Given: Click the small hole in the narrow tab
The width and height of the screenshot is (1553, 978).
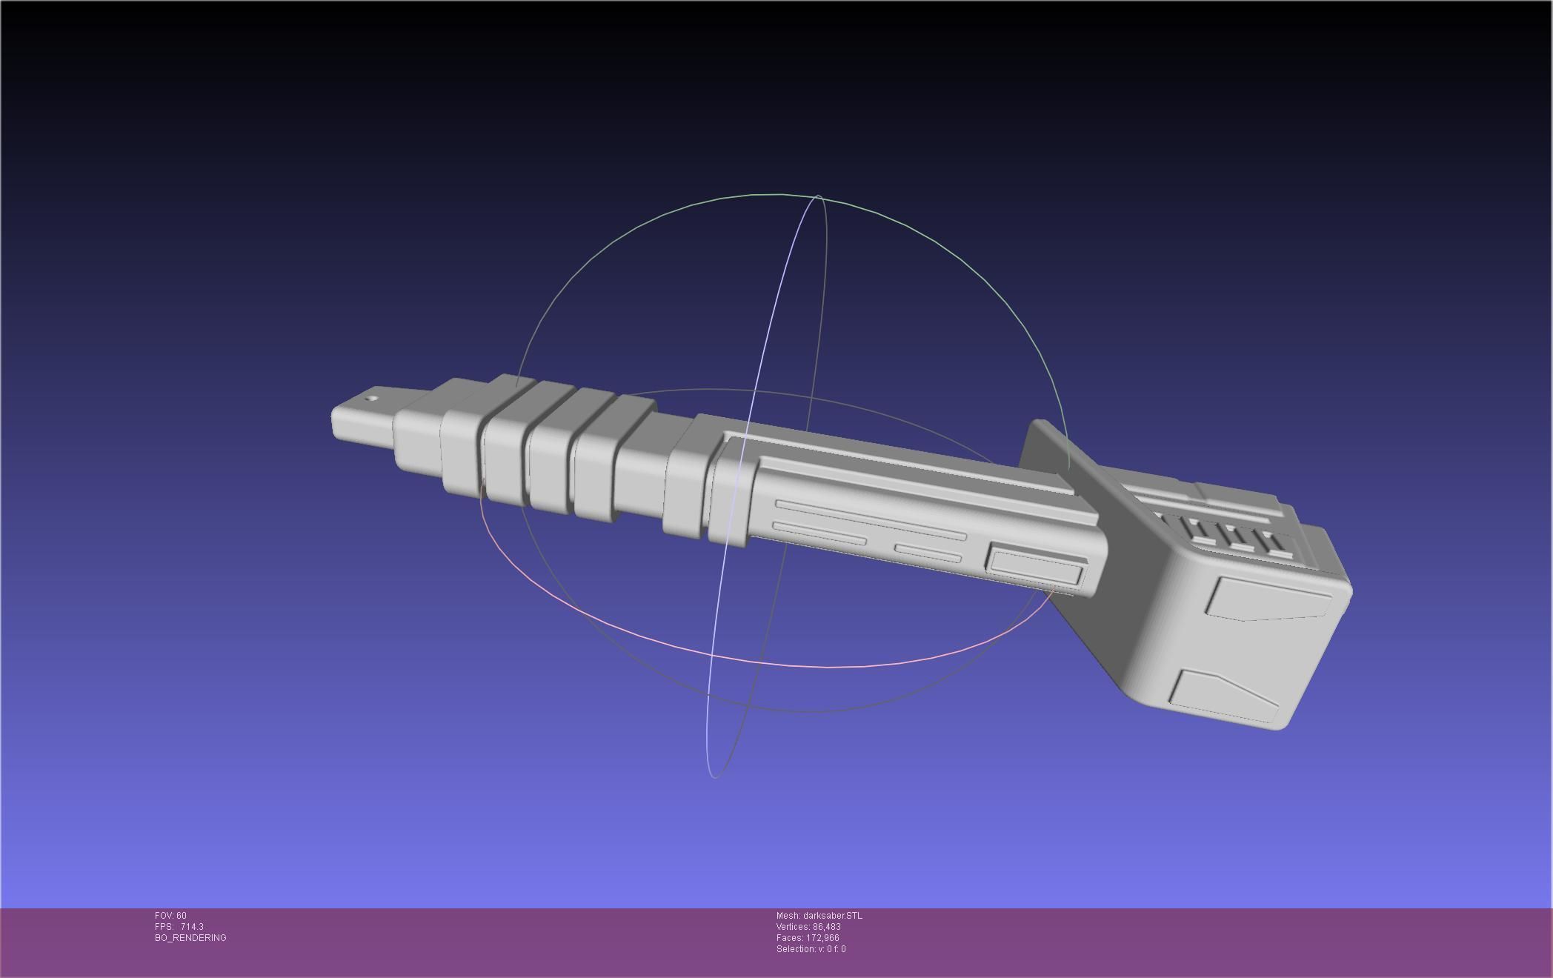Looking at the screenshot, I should (373, 399).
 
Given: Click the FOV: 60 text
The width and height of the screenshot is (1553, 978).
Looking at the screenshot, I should (170, 916).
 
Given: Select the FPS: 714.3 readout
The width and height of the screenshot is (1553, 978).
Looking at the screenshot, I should (179, 927).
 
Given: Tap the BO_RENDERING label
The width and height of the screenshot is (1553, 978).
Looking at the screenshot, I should (190, 938).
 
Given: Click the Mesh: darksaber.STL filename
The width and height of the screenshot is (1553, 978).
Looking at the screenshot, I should (819, 916).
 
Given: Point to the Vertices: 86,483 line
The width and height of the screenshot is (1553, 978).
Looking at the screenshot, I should (808, 927).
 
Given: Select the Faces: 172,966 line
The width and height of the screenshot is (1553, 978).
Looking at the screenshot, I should (807, 938).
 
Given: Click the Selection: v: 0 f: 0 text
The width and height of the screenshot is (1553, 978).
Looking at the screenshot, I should (811, 949).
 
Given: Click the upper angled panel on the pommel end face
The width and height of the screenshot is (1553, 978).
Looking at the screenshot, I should (1268, 598).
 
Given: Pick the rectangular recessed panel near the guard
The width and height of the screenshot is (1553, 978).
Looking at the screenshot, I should (1035, 566).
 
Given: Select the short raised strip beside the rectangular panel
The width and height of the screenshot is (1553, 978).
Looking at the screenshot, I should (928, 553).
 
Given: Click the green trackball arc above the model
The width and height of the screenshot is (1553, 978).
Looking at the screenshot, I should (778, 195).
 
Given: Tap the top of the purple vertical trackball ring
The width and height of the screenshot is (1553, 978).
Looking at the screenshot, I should (818, 198).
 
